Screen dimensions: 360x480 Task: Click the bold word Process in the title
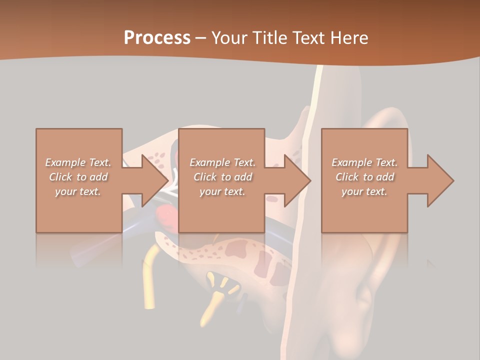(157, 38)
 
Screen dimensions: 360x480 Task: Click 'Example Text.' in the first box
(78, 162)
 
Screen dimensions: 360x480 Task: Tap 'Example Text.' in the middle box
(222, 162)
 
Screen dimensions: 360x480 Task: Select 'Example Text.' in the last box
(364, 162)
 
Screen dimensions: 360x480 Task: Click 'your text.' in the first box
(78, 191)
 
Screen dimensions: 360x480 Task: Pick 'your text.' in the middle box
(222, 191)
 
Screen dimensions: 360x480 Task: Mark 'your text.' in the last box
(364, 191)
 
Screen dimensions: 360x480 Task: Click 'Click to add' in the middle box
(222, 177)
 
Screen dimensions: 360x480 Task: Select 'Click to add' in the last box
(364, 177)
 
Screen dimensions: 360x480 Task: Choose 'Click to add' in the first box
(78, 177)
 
